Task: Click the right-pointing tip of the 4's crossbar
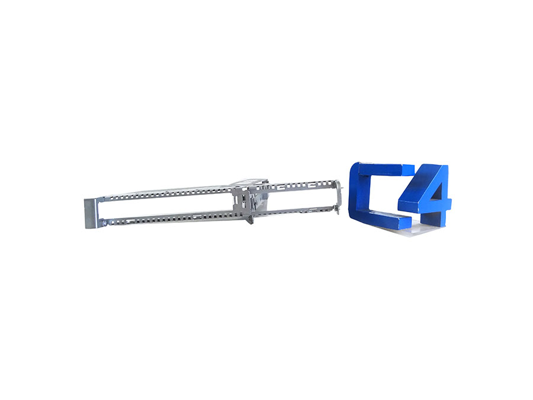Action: (x=449, y=204)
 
